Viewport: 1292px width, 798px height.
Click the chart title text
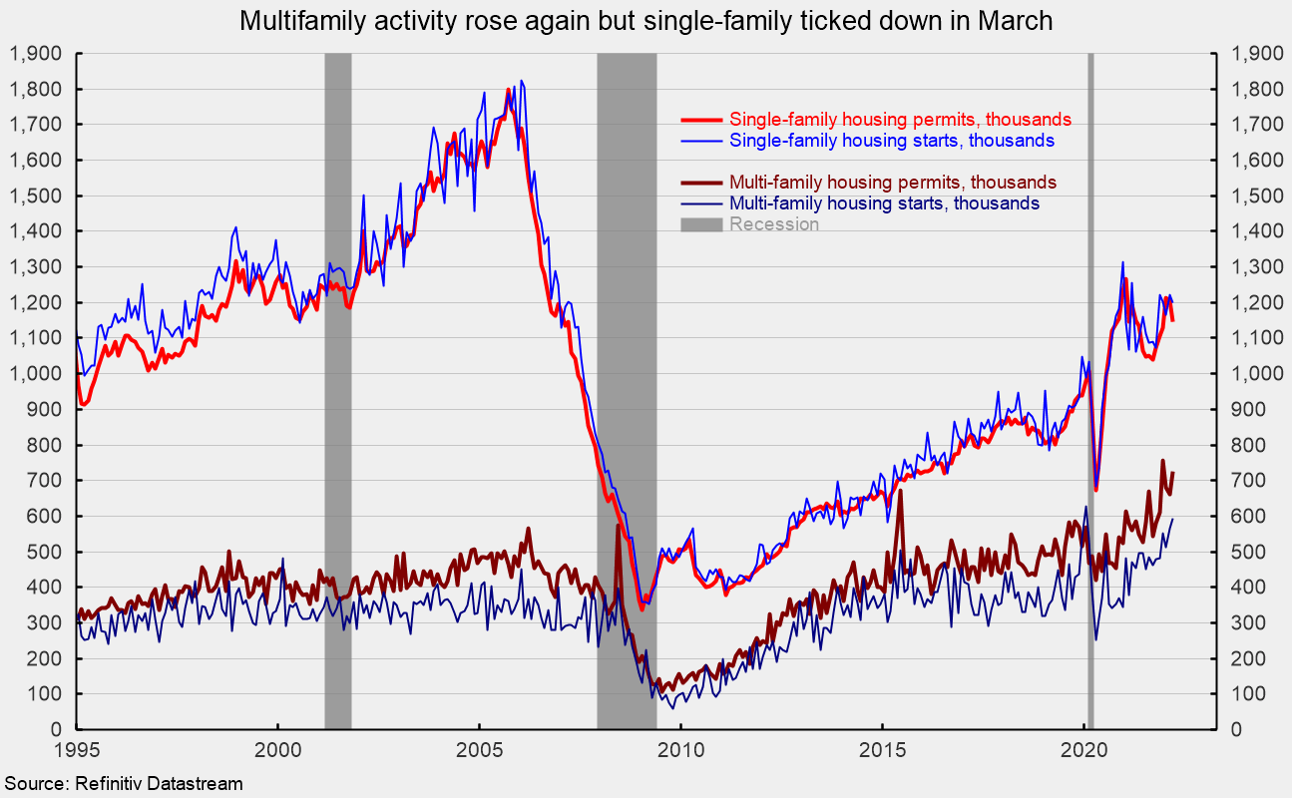tap(646, 21)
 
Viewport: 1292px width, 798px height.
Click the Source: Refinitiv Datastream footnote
tap(122, 784)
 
